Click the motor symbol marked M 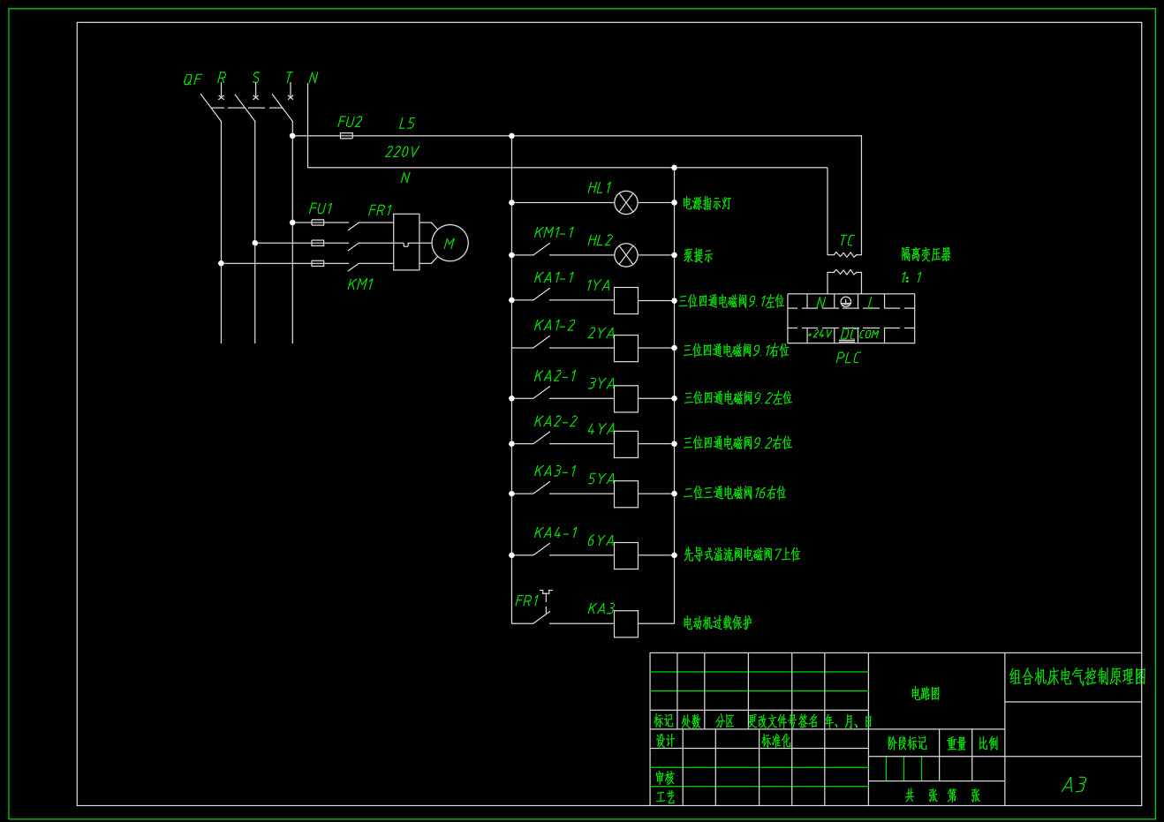point(450,243)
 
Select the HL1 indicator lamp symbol point(626,203)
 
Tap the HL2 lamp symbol point(626,255)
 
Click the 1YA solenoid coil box point(626,301)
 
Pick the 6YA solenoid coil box point(626,555)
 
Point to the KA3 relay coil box point(626,623)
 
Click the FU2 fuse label point(350,122)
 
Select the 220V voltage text point(402,152)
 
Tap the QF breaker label point(193,79)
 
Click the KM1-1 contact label point(554,232)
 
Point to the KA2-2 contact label point(556,421)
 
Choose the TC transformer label point(847,240)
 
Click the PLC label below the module point(848,358)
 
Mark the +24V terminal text point(820,334)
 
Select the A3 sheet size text point(1074,784)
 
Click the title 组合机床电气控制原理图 point(1077,677)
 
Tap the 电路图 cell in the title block point(926,694)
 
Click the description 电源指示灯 point(707,204)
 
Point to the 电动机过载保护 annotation point(717,623)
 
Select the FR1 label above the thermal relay point(380,210)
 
